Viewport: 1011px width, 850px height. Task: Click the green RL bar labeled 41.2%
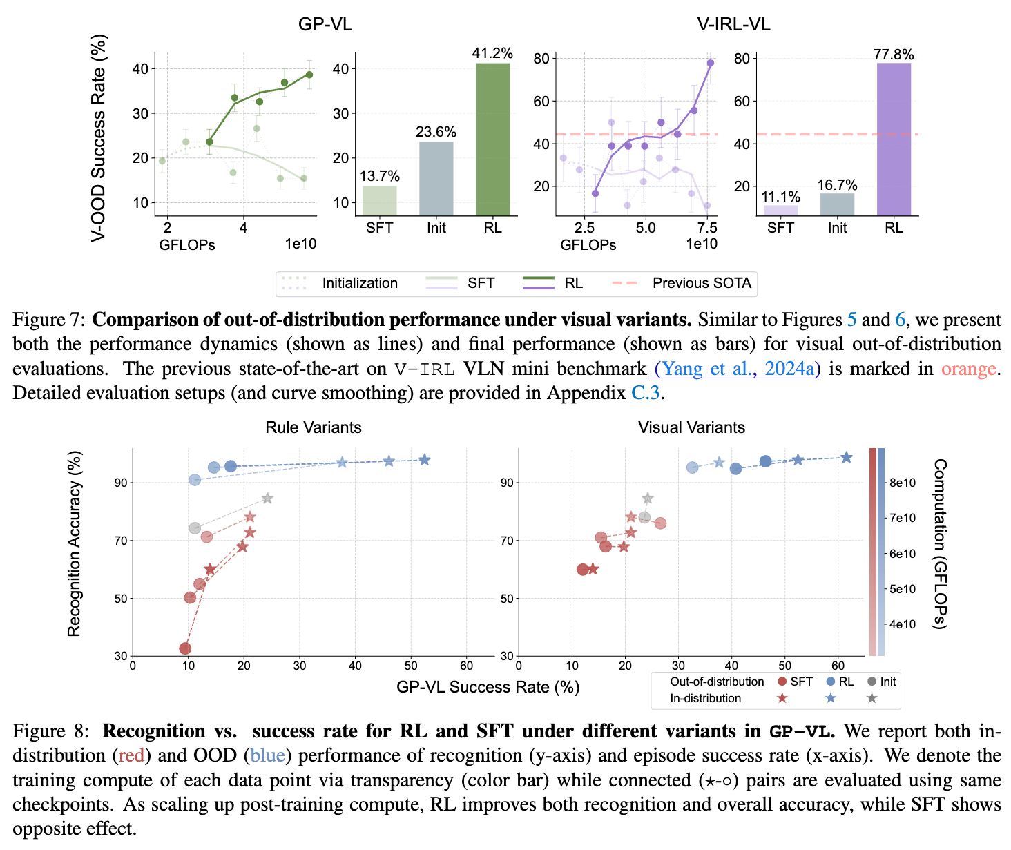(x=492, y=139)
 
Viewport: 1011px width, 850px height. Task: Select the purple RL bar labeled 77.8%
(x=894, y=139)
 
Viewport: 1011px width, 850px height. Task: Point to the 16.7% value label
(x=837, y=185)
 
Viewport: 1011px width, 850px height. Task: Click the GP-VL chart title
(x=325, y=24)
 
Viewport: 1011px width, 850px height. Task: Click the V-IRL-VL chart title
(x=733, y=24)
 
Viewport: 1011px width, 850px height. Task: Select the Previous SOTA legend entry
(x=702, y=283)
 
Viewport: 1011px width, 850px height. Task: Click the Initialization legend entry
(x=359, y=283)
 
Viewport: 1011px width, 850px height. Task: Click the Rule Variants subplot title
(x=314, y=427)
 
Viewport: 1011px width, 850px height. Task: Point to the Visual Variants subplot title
(x=691, y=427)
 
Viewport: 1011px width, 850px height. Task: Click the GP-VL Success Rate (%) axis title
(x=488, y=687)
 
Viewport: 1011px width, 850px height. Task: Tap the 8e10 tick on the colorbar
(x=902, y=483)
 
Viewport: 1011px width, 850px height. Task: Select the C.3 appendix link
(x=646, y=393)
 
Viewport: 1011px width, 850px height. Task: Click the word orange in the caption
(x=968, y=369)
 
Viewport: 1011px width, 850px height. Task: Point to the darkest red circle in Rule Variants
(x=185, y=648)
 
